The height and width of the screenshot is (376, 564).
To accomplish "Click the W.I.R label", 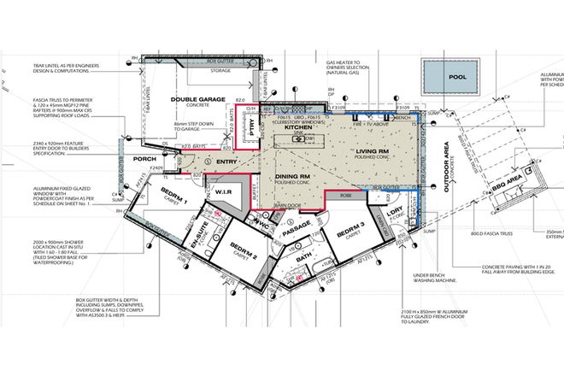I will [225, 191].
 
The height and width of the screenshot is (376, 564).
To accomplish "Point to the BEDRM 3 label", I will [350, 232].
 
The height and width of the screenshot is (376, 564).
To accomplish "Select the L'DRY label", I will [395, 209].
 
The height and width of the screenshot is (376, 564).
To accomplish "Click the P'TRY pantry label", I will [251, 126].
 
